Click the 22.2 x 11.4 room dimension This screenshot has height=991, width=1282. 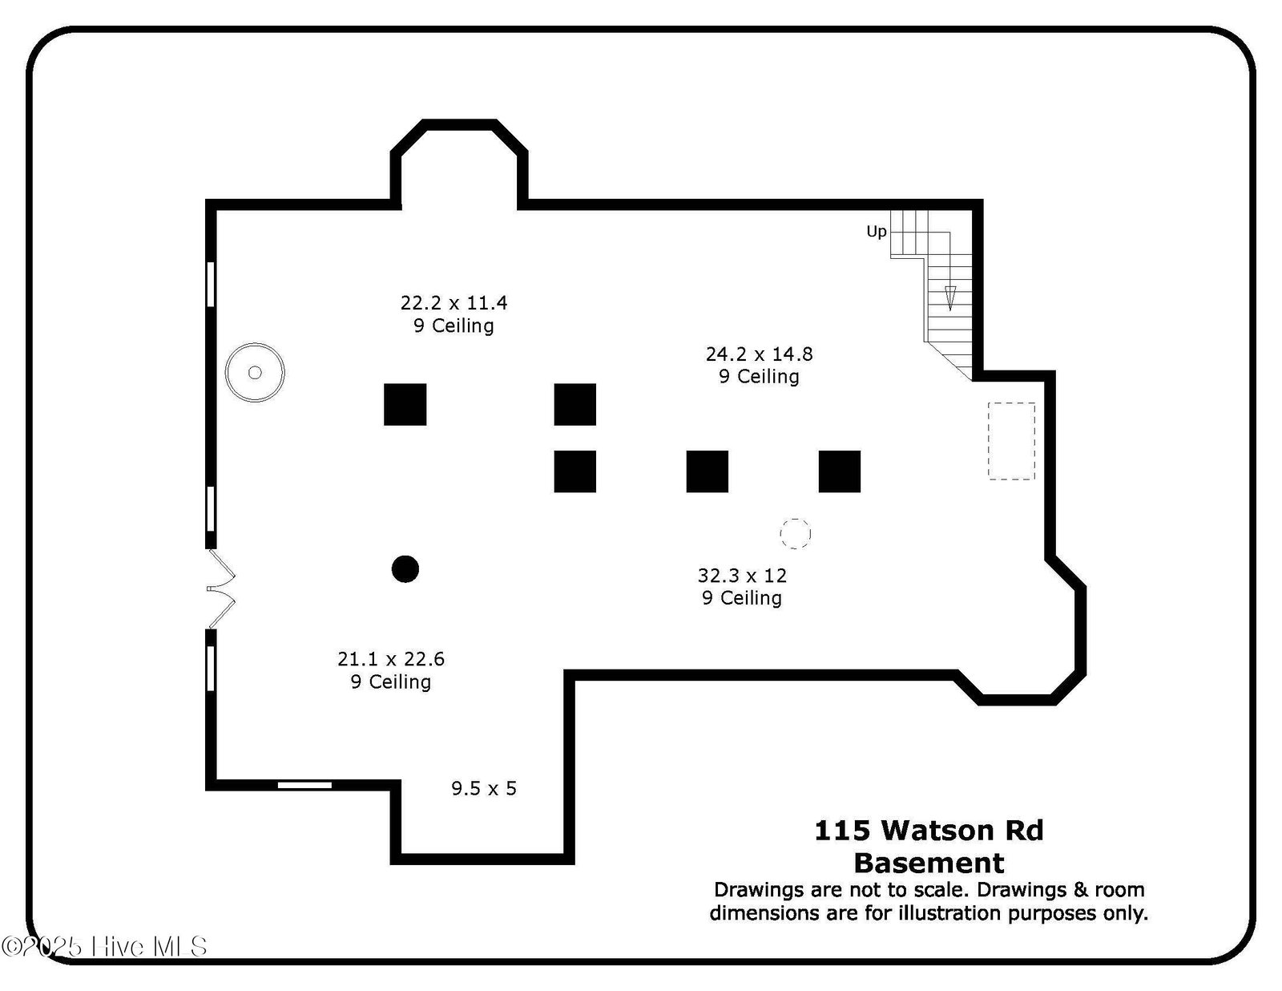click(x=454, y=303)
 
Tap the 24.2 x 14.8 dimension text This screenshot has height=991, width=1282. click(x=760, y=354)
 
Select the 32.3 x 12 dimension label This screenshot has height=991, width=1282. click(x=742, y=575)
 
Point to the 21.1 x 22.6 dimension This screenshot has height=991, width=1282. click(x=390, y=659)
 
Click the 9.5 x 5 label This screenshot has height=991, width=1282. click(x=484, y=788)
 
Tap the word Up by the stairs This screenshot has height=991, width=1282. click(x=876, y=232)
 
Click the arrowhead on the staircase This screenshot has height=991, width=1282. click(x=949, y=298)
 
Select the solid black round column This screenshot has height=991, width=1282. click(x=405, y=569)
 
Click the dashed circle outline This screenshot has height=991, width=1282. click(x=796, y=533)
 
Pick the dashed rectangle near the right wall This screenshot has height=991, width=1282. click(x=1011, y=441)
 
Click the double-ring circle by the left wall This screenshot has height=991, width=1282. click(x=255, y=373)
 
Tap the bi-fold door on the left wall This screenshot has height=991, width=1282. click(x=220, y=589)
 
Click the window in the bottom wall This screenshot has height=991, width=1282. click(x=304, y=785)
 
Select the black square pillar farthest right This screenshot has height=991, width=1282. click(x=840, y=471)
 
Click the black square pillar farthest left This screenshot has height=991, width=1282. click(x=405, y=404)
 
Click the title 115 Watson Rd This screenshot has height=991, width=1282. click(x=929, y=831)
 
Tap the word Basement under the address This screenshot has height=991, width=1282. click(x=929, y=863)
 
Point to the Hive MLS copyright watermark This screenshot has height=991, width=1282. click(x=104, y=947)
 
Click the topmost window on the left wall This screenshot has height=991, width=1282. click(x=211, y=285)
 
